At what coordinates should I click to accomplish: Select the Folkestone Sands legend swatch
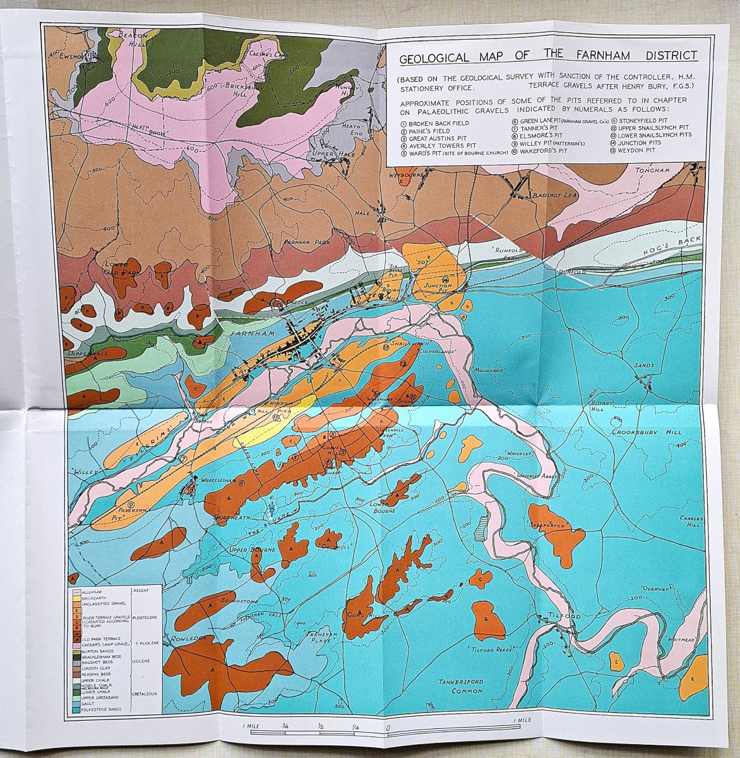click(x=76, y=710)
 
